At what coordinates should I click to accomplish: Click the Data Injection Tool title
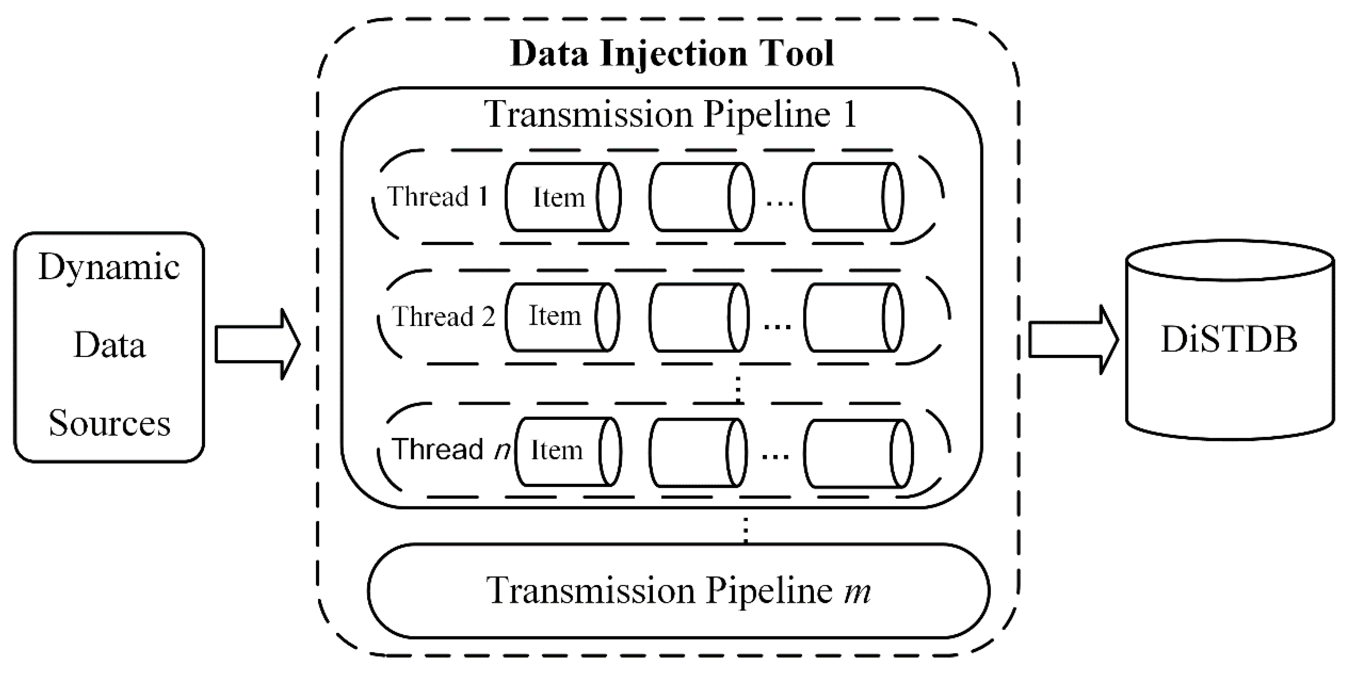[672, 54]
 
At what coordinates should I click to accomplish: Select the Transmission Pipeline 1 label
[672, 114]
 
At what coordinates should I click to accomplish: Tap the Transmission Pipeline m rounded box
[679, 591]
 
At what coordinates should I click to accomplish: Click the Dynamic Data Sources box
[109, 347]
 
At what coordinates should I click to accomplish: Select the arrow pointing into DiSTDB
[1073, 340]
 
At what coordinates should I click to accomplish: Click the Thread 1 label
[438, 197]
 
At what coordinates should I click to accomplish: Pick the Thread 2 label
[443, 317]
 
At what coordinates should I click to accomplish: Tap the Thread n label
[450, 449]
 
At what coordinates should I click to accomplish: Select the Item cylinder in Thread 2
[561, 317]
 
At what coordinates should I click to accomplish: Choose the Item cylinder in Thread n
[568, 452]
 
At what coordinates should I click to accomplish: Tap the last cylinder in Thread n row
[858, 454]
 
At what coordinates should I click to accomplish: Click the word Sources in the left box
[109, 423]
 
